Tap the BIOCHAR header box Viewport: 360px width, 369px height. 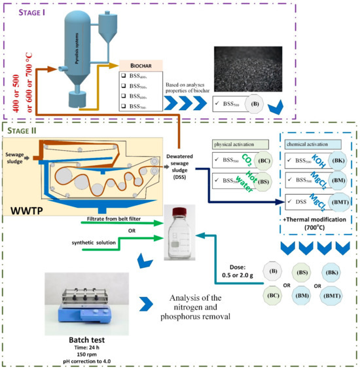[x=140, y=66]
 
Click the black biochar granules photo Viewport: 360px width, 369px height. [x=253, y=65]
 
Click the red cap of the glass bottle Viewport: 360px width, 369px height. [x=179, y=210]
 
